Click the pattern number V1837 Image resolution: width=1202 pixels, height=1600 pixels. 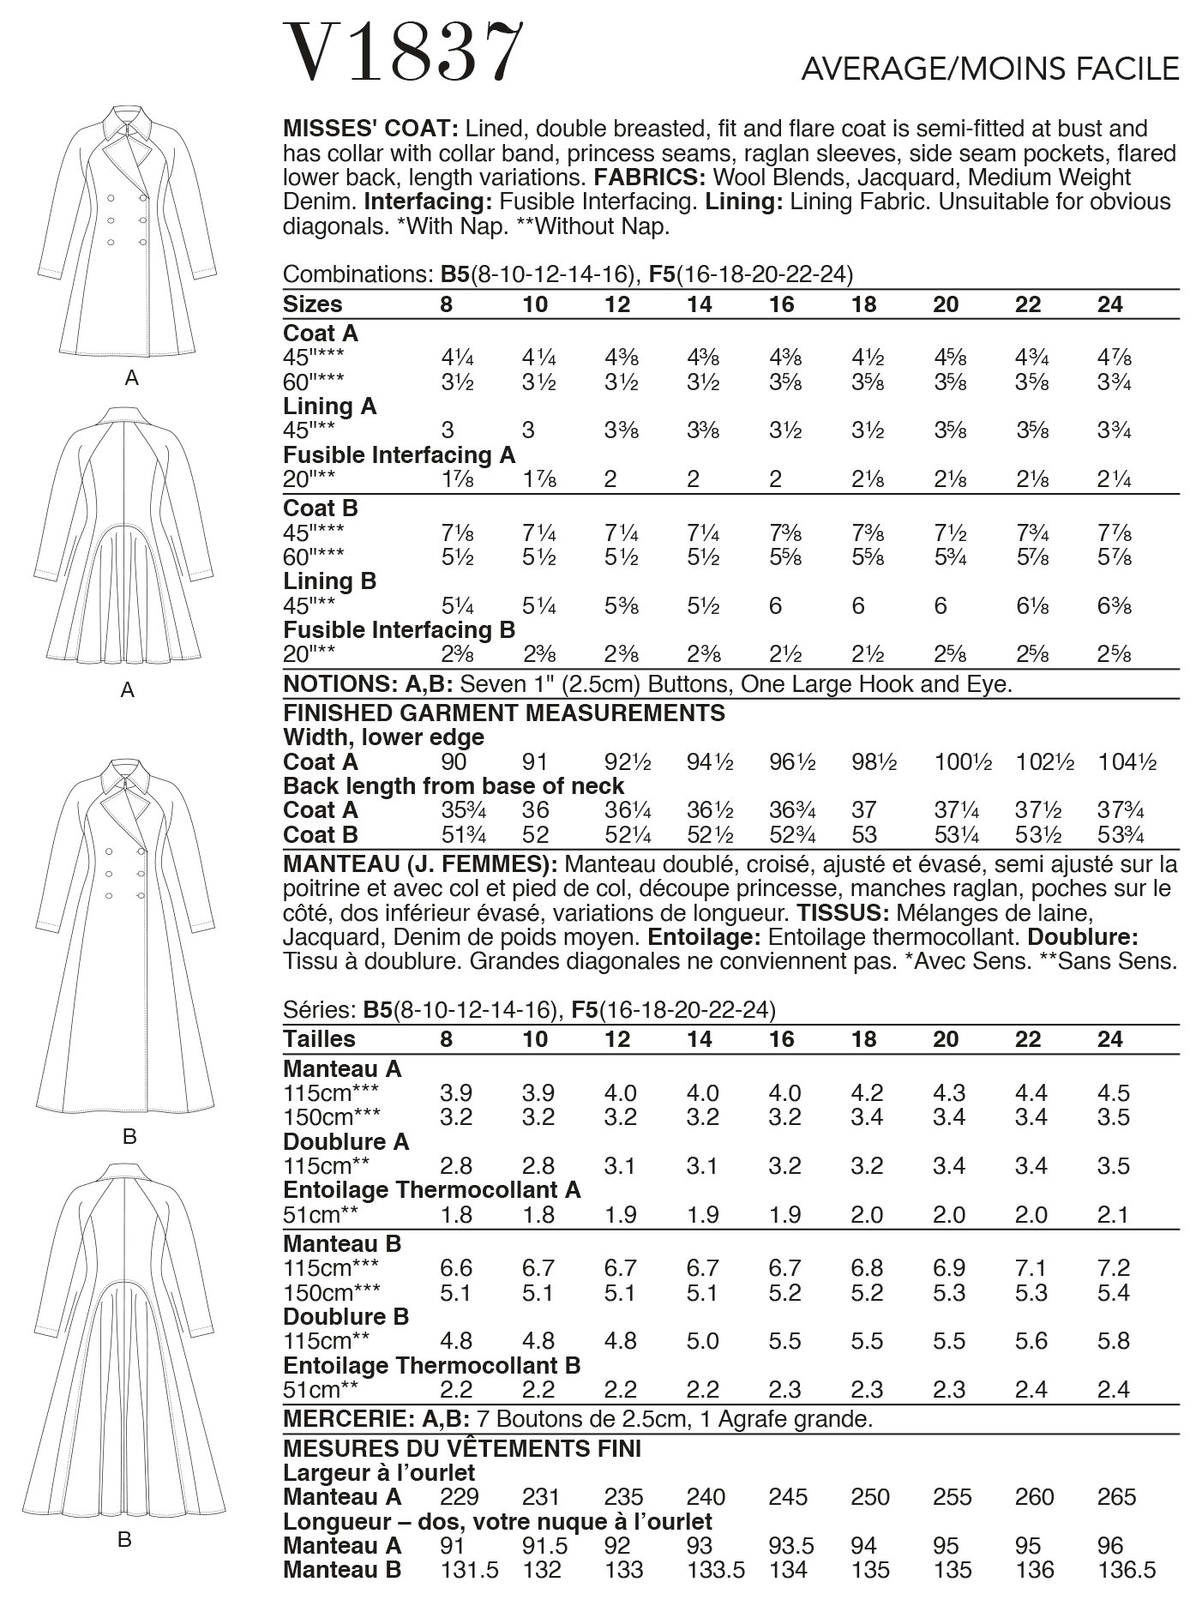click(402, 52)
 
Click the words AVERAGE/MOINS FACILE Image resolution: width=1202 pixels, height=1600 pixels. click(989, 69)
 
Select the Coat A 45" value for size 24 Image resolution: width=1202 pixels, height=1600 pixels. click(1114, 358)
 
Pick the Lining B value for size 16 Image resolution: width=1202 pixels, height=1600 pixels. click(775, 606)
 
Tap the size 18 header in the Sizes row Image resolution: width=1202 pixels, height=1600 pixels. click(863, 305)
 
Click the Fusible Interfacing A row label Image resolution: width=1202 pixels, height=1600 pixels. click(399, 455)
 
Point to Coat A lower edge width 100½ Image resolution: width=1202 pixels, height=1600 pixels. click(963, 762)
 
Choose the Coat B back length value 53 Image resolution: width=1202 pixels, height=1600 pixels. click(864, 835)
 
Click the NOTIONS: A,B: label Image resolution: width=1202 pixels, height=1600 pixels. click(368, 685)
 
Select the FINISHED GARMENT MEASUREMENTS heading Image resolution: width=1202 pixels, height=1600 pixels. click(503, 713)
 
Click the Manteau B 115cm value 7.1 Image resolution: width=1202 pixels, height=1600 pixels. click(1031, 1268)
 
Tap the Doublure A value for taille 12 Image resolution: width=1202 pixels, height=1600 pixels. click(620, 1166)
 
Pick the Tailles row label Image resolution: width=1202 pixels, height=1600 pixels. click(318, 1040)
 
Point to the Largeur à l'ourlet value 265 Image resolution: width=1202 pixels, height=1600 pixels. click(1116, 1497)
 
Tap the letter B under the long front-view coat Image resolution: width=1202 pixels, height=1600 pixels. click(129, 1137)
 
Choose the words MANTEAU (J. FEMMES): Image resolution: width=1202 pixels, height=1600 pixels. click(420, 864)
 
